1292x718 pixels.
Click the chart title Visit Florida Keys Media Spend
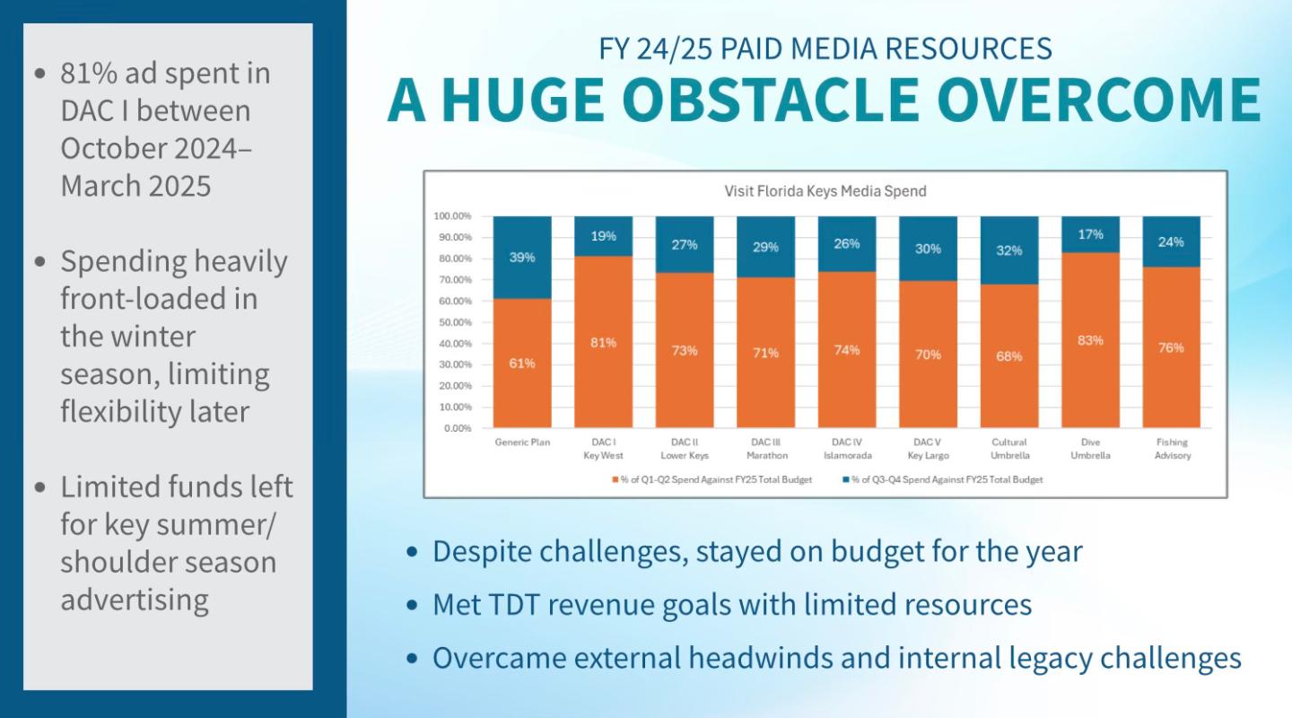825,191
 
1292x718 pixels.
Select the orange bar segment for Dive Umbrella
1090,377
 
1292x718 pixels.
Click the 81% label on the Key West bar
604,343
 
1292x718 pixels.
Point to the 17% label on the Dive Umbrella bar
1091,234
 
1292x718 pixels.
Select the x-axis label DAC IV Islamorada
847,449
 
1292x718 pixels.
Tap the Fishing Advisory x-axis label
1171,449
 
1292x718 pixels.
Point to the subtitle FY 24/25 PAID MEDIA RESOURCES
825,48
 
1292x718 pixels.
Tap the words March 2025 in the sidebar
135,186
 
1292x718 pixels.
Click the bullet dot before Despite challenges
412,552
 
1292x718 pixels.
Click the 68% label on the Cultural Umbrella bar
1008,356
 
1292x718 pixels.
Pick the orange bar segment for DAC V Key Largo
928,377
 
